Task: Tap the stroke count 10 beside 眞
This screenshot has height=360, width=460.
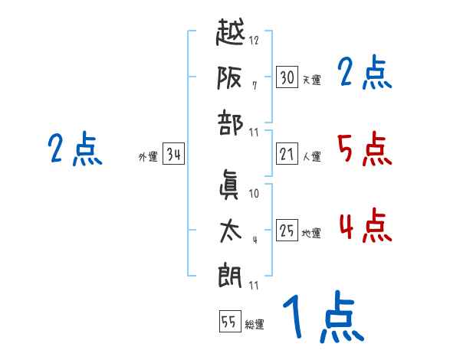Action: [x=254, y=195]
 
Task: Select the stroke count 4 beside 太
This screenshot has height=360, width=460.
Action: [x=255, y=241]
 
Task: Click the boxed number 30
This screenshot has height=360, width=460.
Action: [x=287, y=77]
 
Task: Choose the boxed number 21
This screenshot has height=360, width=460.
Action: [x=287, y=155]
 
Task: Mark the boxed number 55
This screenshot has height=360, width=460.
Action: [x=229, y=322]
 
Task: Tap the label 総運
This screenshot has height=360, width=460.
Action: [x=255, y=325]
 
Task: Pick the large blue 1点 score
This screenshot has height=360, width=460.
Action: [x=322, y=319]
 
